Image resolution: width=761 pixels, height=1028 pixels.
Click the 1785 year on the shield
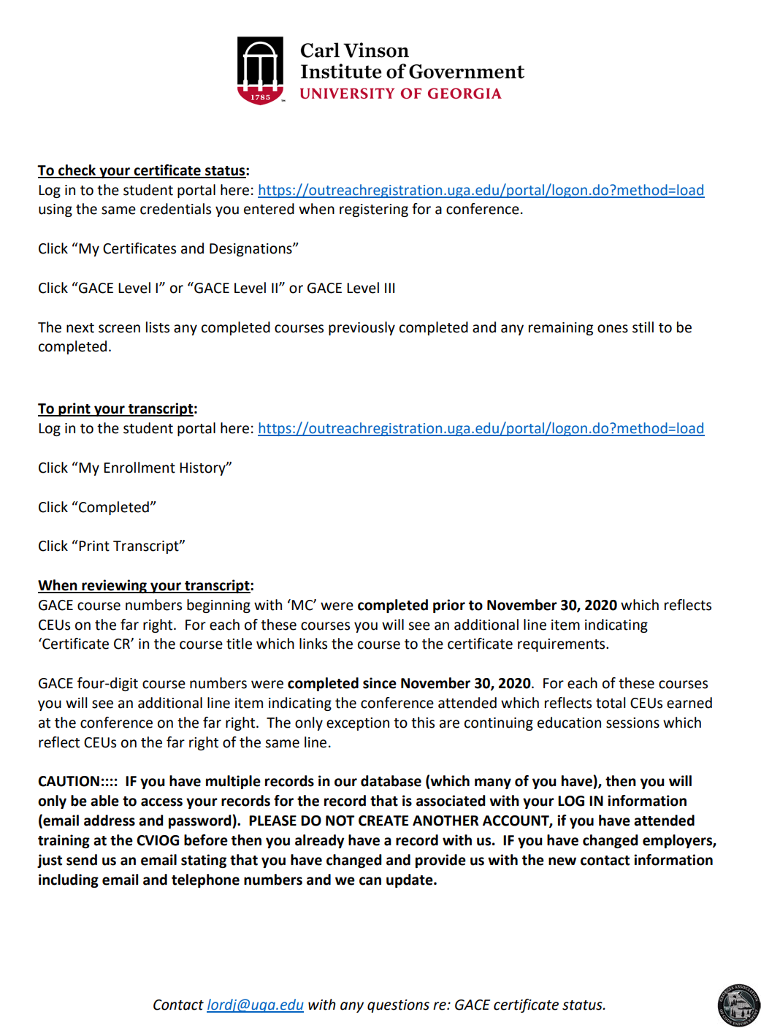click(x=261, y=97)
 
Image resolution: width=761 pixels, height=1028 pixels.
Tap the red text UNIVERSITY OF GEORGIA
click(x=400, y=94)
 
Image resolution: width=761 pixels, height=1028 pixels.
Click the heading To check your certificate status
click(x=142, y=170)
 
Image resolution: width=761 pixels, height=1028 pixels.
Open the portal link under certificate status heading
click(x=481, y=190)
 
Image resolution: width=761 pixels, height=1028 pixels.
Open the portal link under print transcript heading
click(x=481, y=428)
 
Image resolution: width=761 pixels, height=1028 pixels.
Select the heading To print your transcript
click(x=116, y=408)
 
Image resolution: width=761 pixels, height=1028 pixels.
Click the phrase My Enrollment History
click(x=155, y=468)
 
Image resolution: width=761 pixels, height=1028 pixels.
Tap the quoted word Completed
click(x=117, y=507)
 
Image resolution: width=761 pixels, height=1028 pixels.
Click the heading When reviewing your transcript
click(x=144, y=585)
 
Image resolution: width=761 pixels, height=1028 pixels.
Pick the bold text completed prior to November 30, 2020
click(x=487, y=605)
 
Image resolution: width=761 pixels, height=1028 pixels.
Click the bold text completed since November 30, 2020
click(x=409, y=683)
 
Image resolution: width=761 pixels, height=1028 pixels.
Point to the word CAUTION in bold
click(x=69, y=781)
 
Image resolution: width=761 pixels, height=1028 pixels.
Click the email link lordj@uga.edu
click(x=255, y=1005)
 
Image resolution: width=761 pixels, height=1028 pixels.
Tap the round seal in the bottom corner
click(x=738, y=1005)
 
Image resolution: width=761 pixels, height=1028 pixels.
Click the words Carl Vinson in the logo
click(x=354, y=50)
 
